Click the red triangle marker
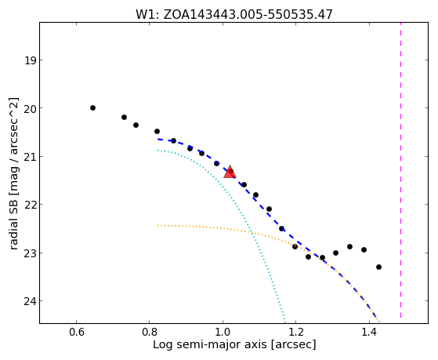pos(230,172)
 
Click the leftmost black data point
pos(92,107)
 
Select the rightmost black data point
pos(378,267)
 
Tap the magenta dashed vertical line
pos(401,170)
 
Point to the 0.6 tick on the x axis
pos(76,332)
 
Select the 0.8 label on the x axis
pos(150,332)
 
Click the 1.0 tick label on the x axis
pos(223,332)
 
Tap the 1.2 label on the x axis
pos(296,332)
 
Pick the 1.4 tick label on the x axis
pos(370,332)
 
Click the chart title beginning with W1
pos(234,14)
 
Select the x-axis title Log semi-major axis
pos(234,345)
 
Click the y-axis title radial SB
pos(13,173)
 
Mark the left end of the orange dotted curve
pos(157,225)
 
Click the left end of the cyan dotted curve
pos(157,151)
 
